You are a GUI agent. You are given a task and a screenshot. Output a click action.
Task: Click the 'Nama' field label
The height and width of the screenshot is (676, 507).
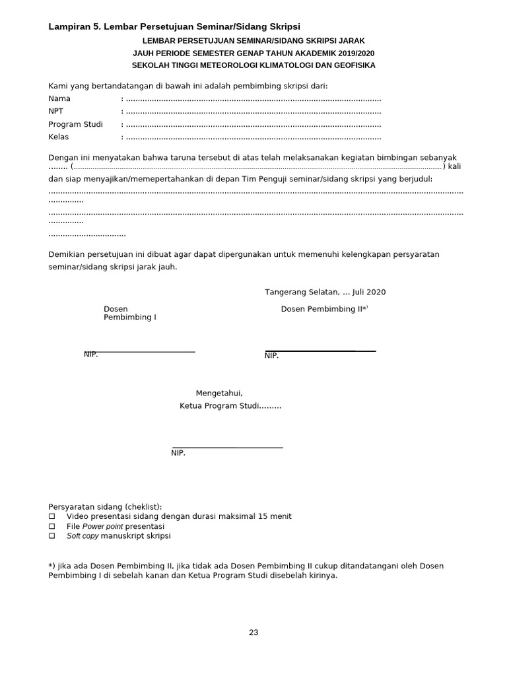tap(59, 99)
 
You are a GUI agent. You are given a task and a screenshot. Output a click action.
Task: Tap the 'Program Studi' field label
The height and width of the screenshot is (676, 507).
tap(75, 125)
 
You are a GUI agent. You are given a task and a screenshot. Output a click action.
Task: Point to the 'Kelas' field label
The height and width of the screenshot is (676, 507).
tap(59, 137)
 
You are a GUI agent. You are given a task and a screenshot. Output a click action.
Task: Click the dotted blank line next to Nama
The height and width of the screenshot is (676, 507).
tap(253, 99)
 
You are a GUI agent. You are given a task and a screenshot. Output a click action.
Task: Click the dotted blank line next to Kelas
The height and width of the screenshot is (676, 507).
tap(253, 137)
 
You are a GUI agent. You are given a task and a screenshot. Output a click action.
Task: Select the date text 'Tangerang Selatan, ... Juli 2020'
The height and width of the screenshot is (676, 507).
tap(325, 292)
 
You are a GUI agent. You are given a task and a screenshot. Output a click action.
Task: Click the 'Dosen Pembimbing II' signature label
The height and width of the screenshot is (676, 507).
tap(324, 309)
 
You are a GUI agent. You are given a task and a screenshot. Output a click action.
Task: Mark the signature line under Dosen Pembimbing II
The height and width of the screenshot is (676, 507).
tap(320, 351)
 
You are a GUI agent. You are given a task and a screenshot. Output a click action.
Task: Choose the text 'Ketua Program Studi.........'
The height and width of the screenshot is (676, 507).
tap(230, 406)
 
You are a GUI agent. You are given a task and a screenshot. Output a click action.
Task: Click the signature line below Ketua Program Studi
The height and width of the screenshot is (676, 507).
tap(227, 448)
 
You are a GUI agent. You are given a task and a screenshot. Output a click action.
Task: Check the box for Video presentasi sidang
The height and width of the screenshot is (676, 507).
tap(53, 516)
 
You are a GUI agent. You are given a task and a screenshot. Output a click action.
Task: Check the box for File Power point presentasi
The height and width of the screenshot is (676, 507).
tap(53, 527)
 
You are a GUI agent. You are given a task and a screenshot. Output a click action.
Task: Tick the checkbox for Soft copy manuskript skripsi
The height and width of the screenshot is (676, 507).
tap(53, 537)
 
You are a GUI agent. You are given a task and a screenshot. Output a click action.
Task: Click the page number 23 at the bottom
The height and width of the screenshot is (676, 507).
tap(253, 632)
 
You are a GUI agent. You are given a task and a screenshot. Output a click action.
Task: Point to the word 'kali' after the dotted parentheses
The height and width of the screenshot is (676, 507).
tap(454, 167)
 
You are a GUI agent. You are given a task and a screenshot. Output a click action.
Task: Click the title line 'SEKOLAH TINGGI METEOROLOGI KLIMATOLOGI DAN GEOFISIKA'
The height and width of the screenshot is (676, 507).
tap(253, 65)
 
